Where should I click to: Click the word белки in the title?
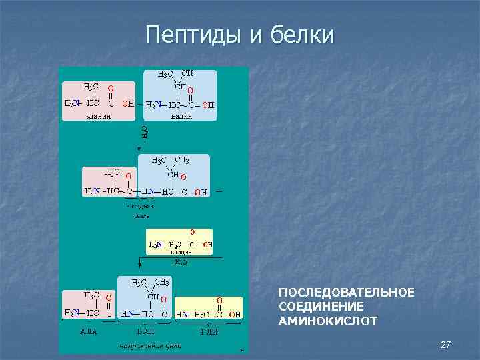click(x=301, y=35)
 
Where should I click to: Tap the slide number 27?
click(x=446, y=345)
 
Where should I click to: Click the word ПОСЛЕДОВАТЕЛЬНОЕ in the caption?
click(x=346, y=293)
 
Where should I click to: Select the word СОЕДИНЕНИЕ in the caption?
click(x=321, y=307)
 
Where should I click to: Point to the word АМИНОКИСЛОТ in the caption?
click(x=327, y=321)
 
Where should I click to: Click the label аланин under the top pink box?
click(x=98, y=115)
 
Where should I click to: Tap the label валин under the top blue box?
click(x=181, y=115)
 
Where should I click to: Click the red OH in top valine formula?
click(x=208, y=105)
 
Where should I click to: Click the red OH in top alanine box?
click(x=127, y=104)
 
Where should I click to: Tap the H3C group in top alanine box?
click(x=91, y=87)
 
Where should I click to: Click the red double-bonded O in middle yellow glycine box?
click(x=192, y=232)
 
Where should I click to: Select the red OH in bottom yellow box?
click(x=234, y=314)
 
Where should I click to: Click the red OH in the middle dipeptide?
click(x=201, y=192)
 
